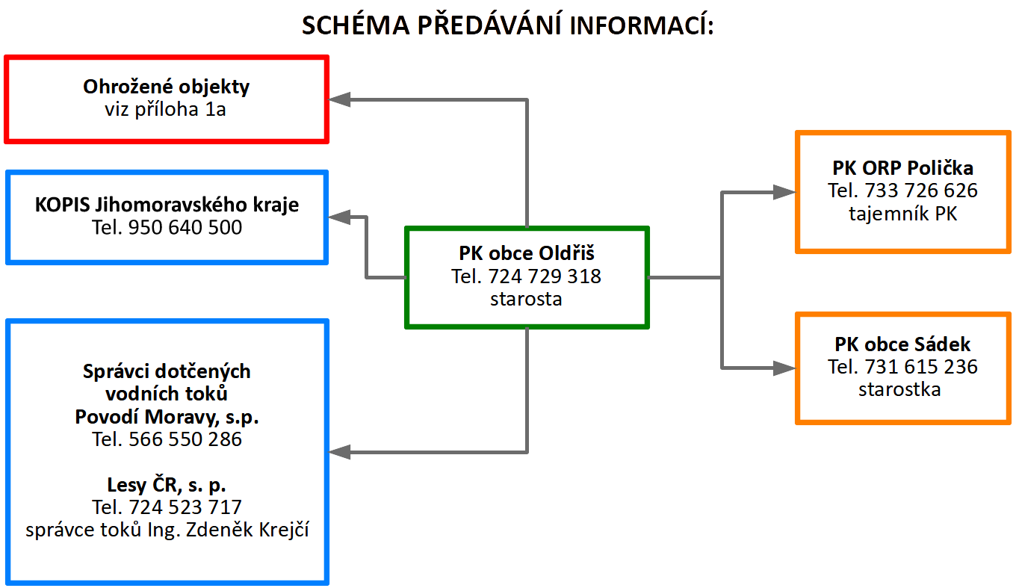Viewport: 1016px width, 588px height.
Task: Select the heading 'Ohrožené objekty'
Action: [166, 87]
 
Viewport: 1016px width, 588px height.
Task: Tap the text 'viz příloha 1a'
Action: [165, 110]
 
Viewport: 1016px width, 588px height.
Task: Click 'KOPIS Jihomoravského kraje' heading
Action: [167, 205]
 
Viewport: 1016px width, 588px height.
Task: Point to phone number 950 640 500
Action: [185, 227]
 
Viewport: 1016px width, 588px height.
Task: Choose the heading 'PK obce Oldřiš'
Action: [527, 253]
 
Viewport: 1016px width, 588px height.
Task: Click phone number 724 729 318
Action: [545, 276]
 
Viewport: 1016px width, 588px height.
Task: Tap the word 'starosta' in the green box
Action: [526, 300]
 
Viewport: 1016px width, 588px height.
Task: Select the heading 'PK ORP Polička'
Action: [902, 168]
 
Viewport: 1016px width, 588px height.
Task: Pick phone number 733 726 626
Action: [920, 191]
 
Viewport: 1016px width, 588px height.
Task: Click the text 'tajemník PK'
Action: [903, 214]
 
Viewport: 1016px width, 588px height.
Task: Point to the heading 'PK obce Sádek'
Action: [902, 345]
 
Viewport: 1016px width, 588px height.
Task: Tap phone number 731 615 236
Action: [920, 367]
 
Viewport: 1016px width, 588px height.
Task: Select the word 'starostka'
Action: [899, 390]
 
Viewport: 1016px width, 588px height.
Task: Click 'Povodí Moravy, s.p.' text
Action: [167, 417]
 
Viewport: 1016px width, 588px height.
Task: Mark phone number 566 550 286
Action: [185, 439]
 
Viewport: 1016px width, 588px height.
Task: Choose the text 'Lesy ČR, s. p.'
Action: [167, 485]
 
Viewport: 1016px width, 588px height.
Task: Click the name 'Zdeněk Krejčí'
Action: [248, 530]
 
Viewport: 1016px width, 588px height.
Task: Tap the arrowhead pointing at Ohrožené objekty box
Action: [339, 99]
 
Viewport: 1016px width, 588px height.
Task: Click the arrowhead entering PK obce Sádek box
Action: [784, 368]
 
